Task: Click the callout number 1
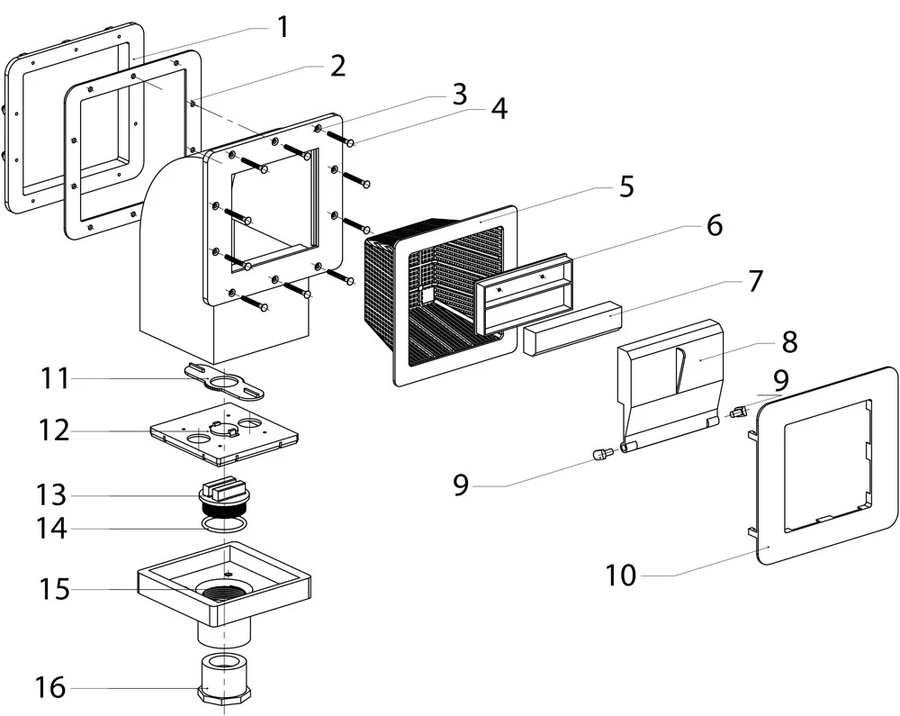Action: tap(283, 27)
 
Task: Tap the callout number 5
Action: tap(626, 186)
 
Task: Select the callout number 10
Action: tap(621, 575)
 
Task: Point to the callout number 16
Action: tap(50, 687)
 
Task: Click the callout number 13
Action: tap(51, 494)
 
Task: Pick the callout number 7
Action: tap(755, 281)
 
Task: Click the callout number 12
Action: tap(54, 431)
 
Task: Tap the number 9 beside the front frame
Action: tap(780, 380)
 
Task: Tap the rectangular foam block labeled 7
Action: tap(571, 327)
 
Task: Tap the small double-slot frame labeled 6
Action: tap(525, 293)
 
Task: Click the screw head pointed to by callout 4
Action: tap(351, 143)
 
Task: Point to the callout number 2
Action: tap(337, 66)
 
